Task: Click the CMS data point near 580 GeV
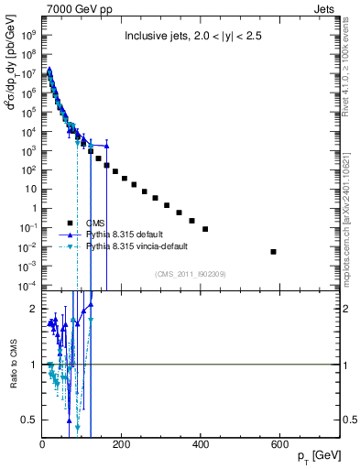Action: coord(274,251)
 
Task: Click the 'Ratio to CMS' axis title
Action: coord(12,364)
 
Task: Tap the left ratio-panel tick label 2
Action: coord(35,310)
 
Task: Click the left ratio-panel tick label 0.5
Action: coord(31,420)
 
